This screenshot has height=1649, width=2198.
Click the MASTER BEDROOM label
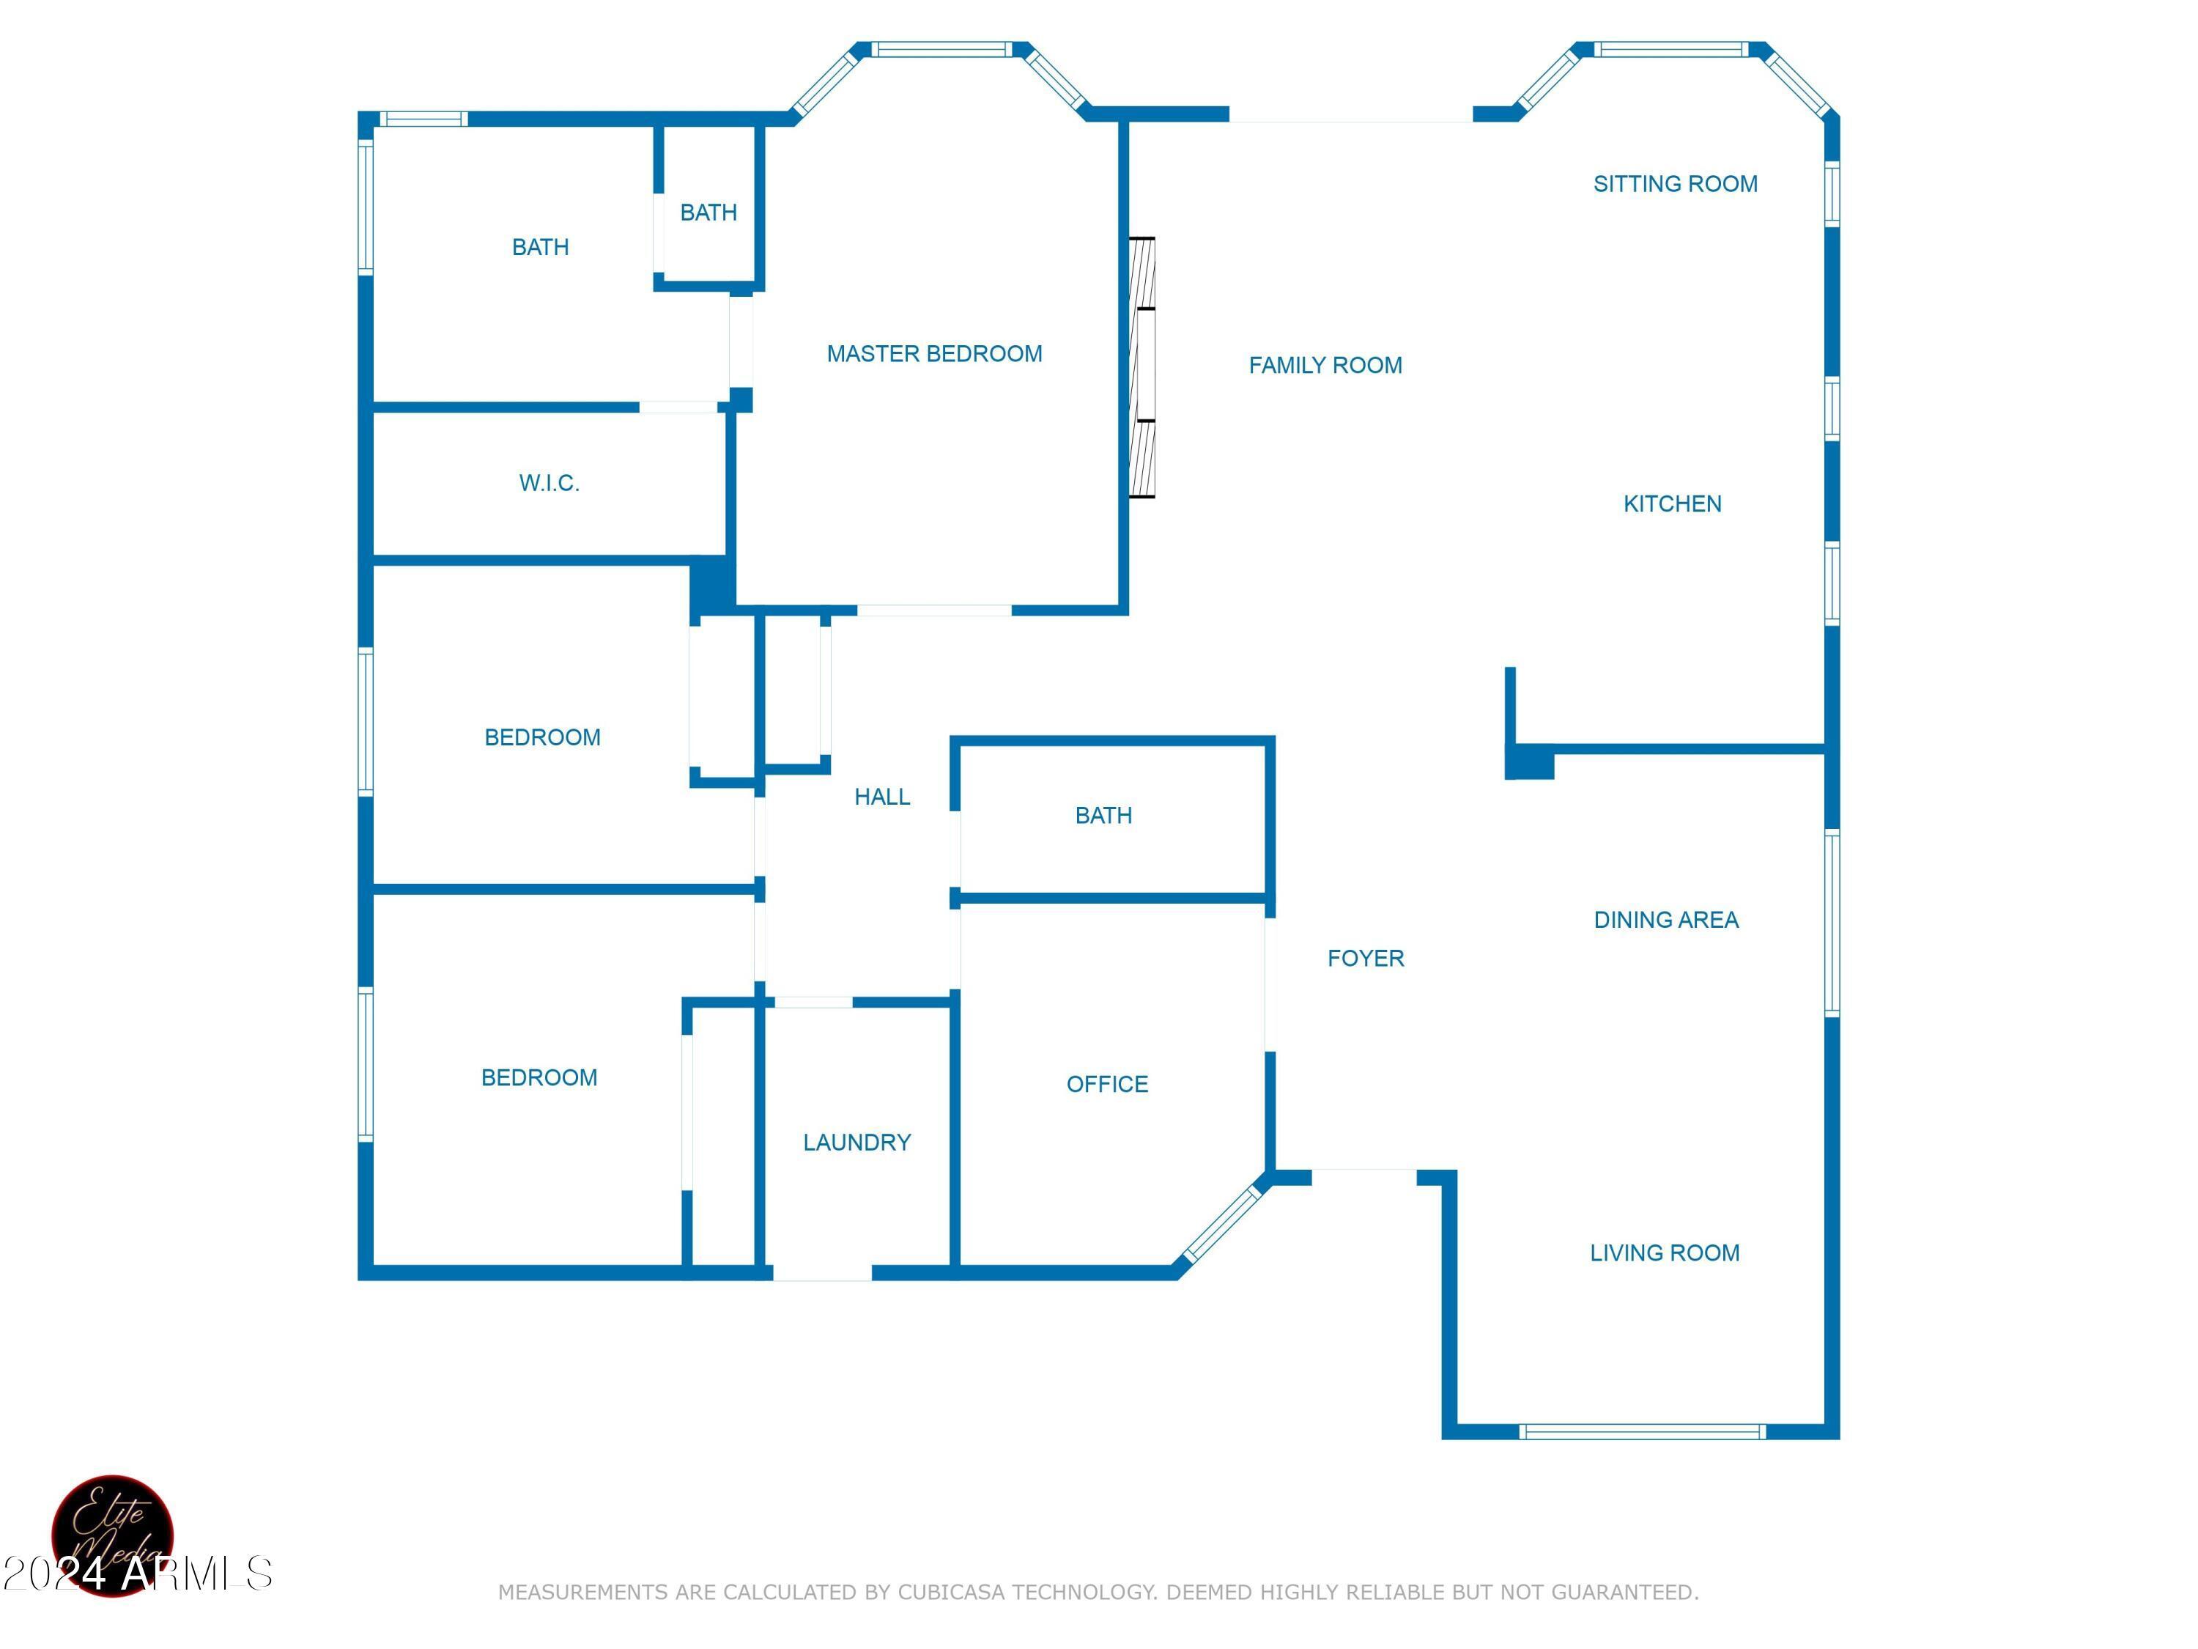point(934,354)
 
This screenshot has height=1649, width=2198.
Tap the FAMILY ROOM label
point(1325,366)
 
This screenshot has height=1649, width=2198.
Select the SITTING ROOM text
point(1674,184)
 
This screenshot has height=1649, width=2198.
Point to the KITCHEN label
point(1671,504)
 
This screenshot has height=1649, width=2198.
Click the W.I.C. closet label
point(549,483)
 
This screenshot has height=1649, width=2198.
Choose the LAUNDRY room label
point(856,1142)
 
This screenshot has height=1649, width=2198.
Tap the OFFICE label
point(1107,1083)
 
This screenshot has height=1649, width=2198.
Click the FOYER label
point(1365,958)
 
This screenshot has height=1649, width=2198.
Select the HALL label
point(881,796)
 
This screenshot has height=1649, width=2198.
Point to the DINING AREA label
point(1665,920)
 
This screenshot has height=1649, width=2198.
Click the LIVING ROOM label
point(1665,1253)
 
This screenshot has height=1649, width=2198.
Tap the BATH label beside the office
point(1103,815)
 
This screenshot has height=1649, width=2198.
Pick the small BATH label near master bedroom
point(708,212)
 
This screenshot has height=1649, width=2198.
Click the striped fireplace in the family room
point(1143,368)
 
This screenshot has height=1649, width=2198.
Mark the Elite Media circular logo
point(112,1535)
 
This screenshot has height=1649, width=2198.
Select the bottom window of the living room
point(1642,1431)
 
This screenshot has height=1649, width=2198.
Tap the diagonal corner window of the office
point(1222,1220)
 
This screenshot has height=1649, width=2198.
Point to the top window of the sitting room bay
point(1670,48)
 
